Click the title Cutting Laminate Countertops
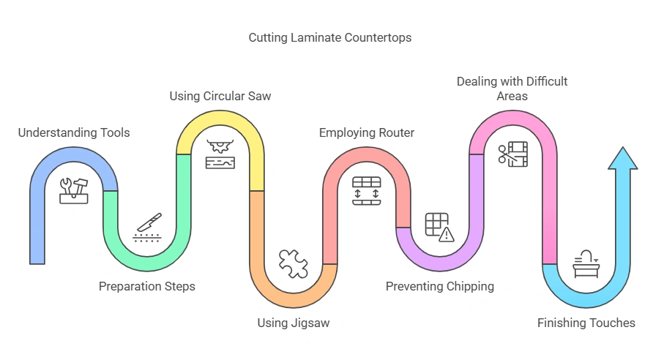click(329, 37)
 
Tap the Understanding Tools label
click(74, 132)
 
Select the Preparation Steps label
click(147, 286)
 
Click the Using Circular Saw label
click(220, 96)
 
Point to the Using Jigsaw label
click(293, 323)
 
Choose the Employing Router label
click(366, 132)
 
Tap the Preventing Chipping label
click(440, 286)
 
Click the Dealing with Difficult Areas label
click(512, 89)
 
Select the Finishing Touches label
click(586, 323)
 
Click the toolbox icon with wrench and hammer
click(74, 190)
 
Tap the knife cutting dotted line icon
click(147, 228)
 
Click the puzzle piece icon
click(293, 263)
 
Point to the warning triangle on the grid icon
click(446, 234)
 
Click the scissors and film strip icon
click(512, 154)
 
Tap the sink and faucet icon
click(586, 263)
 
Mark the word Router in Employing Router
click(396, 132)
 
